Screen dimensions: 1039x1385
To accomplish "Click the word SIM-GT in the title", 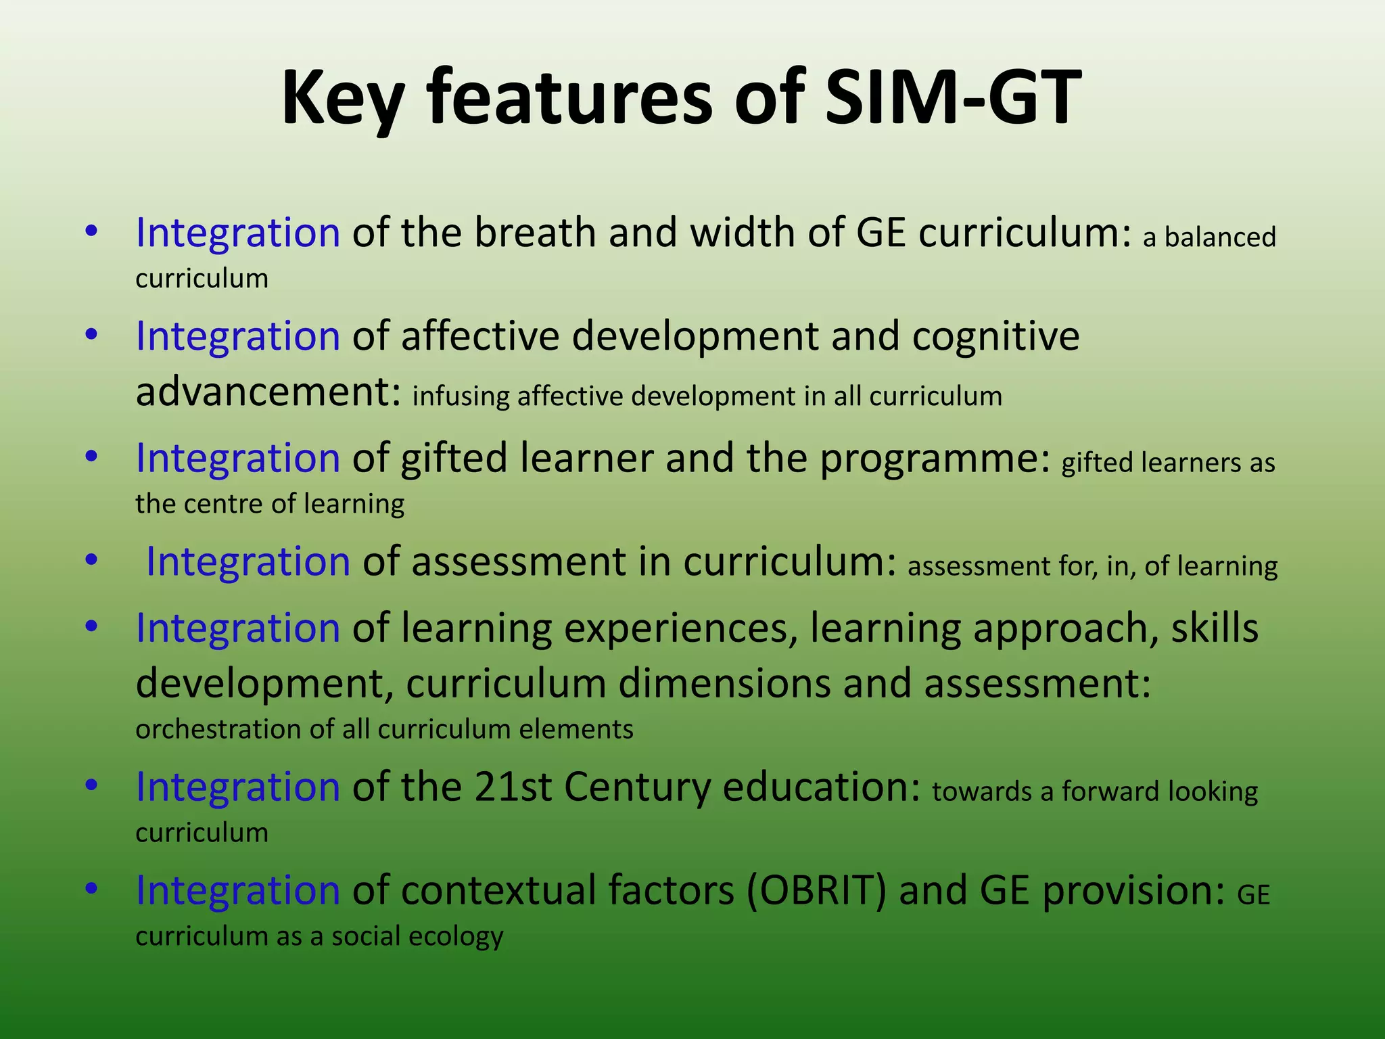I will (x=954, y=98).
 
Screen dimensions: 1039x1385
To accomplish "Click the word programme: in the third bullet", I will (x=935, y=459).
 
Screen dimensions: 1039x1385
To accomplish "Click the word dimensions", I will (x=724, y=683).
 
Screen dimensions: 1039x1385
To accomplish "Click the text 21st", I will (x=513, y=787).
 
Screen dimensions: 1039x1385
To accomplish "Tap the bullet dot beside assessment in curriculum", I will (x=92, y=561).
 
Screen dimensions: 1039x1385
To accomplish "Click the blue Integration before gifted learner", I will (x=237, y=459).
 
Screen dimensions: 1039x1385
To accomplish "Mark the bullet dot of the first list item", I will (x=92, y=232).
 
